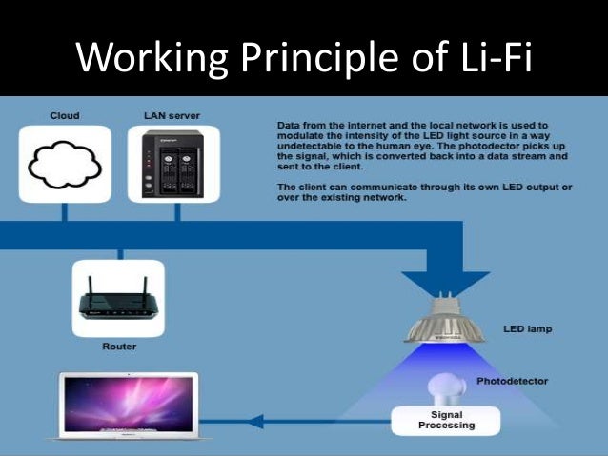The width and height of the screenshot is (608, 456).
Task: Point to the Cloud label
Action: [x=65, y=115]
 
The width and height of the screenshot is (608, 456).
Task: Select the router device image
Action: [x=118, y=300]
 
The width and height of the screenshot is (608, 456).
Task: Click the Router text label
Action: [x=118, y=347]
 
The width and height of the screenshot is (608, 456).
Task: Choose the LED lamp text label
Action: [x=527, y=330]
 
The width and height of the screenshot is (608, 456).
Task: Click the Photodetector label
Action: [x=513, y=381]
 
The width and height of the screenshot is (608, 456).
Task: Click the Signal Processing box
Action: [x=446, y=420]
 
